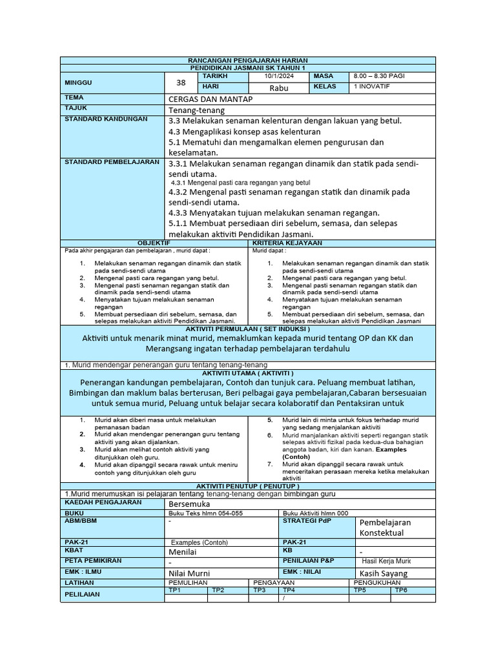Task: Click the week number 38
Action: click(180, 83)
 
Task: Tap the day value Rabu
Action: click(279, 88)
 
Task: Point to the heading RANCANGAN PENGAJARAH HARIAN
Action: click(248, 60)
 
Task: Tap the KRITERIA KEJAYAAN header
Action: click(342, 243)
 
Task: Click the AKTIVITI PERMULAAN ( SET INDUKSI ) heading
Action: click(248, 329)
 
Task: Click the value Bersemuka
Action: click(189, 503)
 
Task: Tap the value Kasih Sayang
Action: click(384, 573)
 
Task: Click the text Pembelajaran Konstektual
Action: click(386, 527)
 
